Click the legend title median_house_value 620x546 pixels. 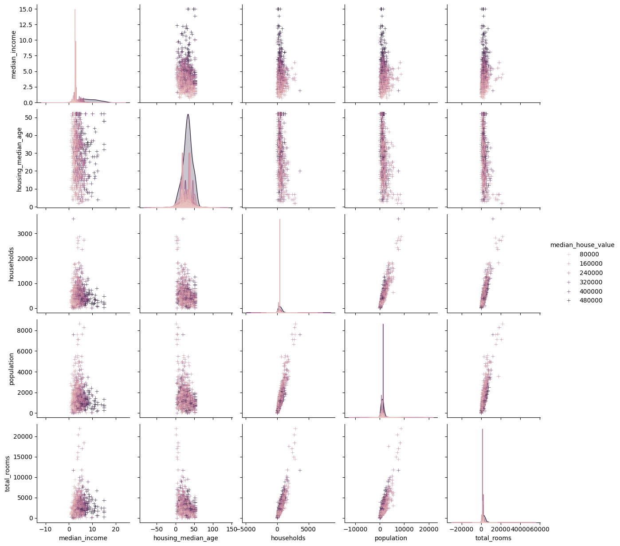pos(582,245)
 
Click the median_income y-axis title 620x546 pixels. pos(13,55)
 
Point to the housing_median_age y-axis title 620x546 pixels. pos(19,160)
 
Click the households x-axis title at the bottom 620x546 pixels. pos(288,538)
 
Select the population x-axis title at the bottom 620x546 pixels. pos(391,538)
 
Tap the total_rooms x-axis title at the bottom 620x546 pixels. pos(493,538)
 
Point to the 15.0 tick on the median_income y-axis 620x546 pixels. pos(26,9)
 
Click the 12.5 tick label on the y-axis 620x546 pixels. pos(26,25)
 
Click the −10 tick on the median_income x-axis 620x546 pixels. pos(46,529)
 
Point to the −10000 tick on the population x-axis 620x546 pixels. pos(355,529)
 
